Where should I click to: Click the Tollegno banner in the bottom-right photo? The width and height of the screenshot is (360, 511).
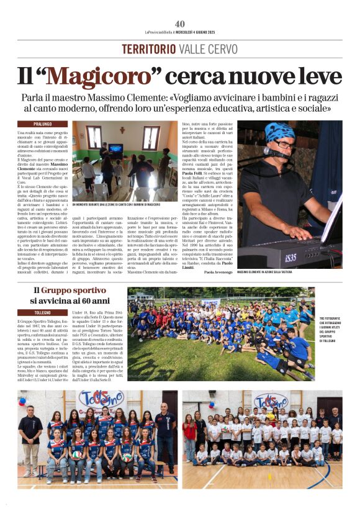tap(271, 400)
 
